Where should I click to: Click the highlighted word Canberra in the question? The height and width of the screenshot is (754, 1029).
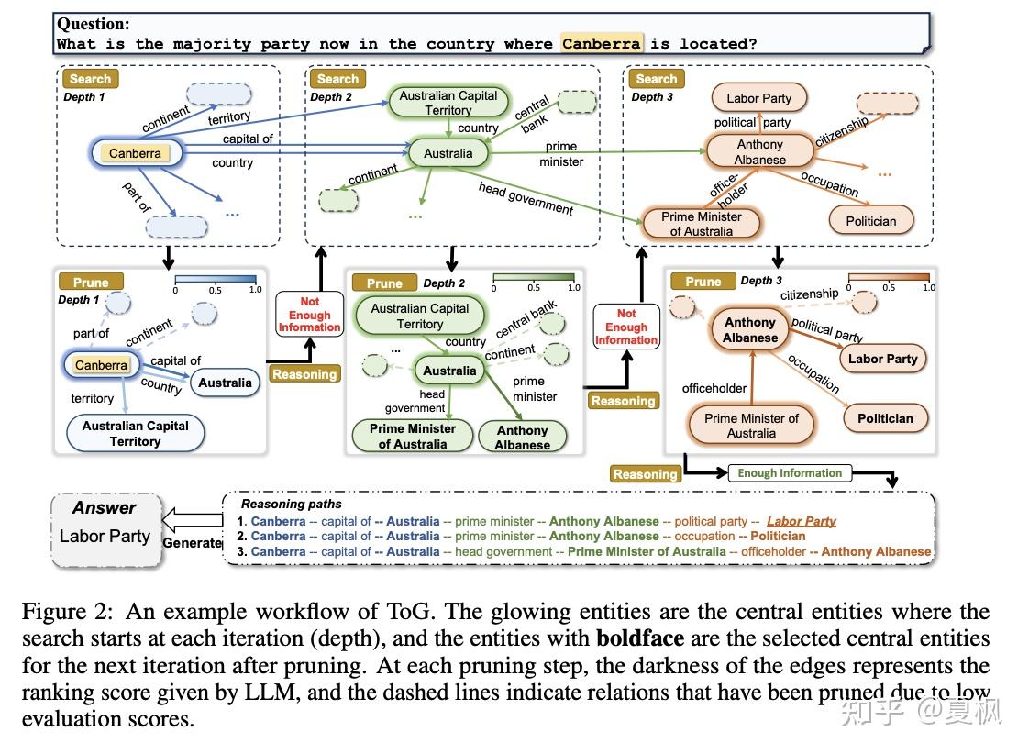click(x=601, y=43)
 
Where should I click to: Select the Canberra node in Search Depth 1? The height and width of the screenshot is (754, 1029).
click(x=135, y=153)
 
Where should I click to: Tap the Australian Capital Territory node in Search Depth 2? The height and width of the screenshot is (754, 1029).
click(x=448, y=103)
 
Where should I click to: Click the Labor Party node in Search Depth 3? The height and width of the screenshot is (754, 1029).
click(x=758, y=98)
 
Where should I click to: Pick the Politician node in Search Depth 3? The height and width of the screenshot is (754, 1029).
click(x=870, y=221)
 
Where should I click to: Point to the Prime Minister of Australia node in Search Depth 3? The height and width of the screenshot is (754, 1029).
click(x=701, y=224)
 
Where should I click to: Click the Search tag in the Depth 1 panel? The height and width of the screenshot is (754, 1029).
click(x=90, y=79)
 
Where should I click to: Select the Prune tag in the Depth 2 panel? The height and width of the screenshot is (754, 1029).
click(x=384, y=283)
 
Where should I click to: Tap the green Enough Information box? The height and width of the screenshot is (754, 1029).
click(x=790, y=473)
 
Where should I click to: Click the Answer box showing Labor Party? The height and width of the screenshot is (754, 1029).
click(x=105, y=530)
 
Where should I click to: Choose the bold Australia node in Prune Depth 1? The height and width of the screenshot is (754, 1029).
click(x=225, y=383)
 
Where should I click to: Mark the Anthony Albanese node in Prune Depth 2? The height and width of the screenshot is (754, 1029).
click(x=522, y=438)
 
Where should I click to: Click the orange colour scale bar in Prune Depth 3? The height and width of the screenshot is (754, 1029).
click(x=889, y=276)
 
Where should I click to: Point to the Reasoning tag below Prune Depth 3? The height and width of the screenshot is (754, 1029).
click(x=645, y=474)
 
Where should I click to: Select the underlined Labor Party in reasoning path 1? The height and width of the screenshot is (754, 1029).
click(x=801, y=521)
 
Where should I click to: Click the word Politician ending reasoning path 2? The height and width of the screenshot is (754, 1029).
click(x=778, y=536)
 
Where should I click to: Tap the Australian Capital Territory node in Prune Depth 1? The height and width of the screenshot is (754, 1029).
click(x=135, y=433)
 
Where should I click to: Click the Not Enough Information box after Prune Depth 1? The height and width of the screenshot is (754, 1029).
click(x=309, y=315)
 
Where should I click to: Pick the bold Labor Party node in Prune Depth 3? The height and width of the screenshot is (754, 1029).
click(x=882, y=359)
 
